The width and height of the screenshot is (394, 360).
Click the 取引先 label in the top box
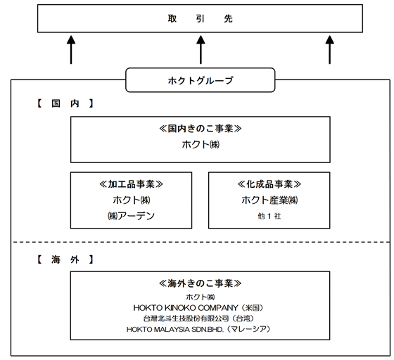[x=201, y=18]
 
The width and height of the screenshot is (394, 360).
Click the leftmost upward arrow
[x=71, y=50]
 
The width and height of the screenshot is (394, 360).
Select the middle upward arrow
[x=201, y=50]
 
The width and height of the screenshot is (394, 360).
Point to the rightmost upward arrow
[x=330, y=50]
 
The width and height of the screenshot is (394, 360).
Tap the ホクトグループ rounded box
[x=201, y=80]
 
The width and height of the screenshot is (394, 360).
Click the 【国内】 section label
[x=65, y=103]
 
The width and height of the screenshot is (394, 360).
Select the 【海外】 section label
[x=65, y=259]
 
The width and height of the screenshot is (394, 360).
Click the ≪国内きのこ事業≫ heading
[x=201, y=129]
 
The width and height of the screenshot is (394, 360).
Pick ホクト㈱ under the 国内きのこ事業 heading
[x=201, y=145]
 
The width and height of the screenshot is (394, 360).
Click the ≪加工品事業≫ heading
[x=131, y=184]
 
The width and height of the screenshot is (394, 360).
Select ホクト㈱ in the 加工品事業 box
[x=132, y=200]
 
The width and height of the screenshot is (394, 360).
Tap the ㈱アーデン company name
[x=131, y=216]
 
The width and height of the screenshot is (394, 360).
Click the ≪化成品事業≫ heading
[x=269, y=184]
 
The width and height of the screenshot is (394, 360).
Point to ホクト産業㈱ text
[x=269, y=200]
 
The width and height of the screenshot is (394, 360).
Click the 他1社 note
[x=269, y=216]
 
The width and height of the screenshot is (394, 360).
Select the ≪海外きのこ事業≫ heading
[x=201, y=283]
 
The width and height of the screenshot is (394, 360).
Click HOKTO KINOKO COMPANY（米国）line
[x=198, y=308]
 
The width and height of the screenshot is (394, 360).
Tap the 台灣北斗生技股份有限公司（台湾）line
[x=198, y=319]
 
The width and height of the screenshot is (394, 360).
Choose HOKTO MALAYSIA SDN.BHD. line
[x=198, y=329]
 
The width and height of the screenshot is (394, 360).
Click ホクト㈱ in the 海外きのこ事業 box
[x=201, y=297]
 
